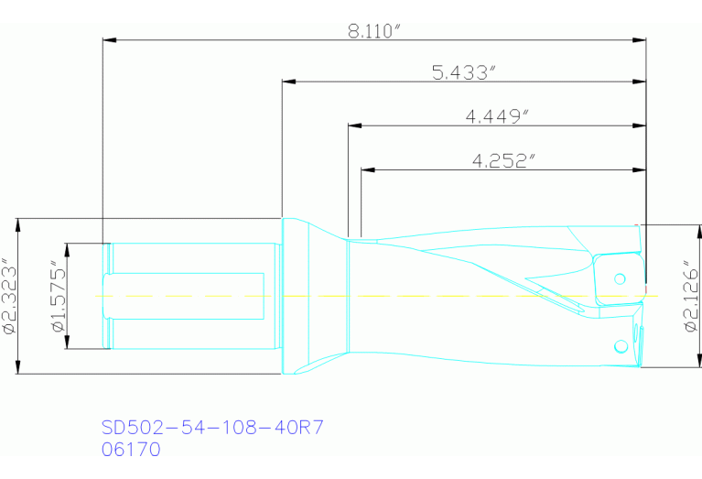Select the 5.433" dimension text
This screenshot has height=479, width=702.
click(x=463, y=71)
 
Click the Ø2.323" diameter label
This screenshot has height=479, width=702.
click(x=10, y=296)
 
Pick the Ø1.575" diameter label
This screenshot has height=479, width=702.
click(x=57, y=296)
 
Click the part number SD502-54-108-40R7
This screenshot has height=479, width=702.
click(x=212, y=428)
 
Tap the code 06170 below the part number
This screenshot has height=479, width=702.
click(x=131, y=450)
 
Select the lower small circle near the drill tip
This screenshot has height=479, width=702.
click(x=621, y=345)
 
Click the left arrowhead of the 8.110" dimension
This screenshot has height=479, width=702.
click(x=108, y=40)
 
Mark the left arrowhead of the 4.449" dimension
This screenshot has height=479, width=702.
click(x=354, y=126)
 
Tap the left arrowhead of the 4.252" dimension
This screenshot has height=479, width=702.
click(x=367, y=169)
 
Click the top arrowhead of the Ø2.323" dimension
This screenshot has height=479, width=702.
click(x=18, y=223)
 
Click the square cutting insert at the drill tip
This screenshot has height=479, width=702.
click(x=617, y=280)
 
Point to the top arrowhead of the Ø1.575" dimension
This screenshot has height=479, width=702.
click(x=67, y=248)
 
